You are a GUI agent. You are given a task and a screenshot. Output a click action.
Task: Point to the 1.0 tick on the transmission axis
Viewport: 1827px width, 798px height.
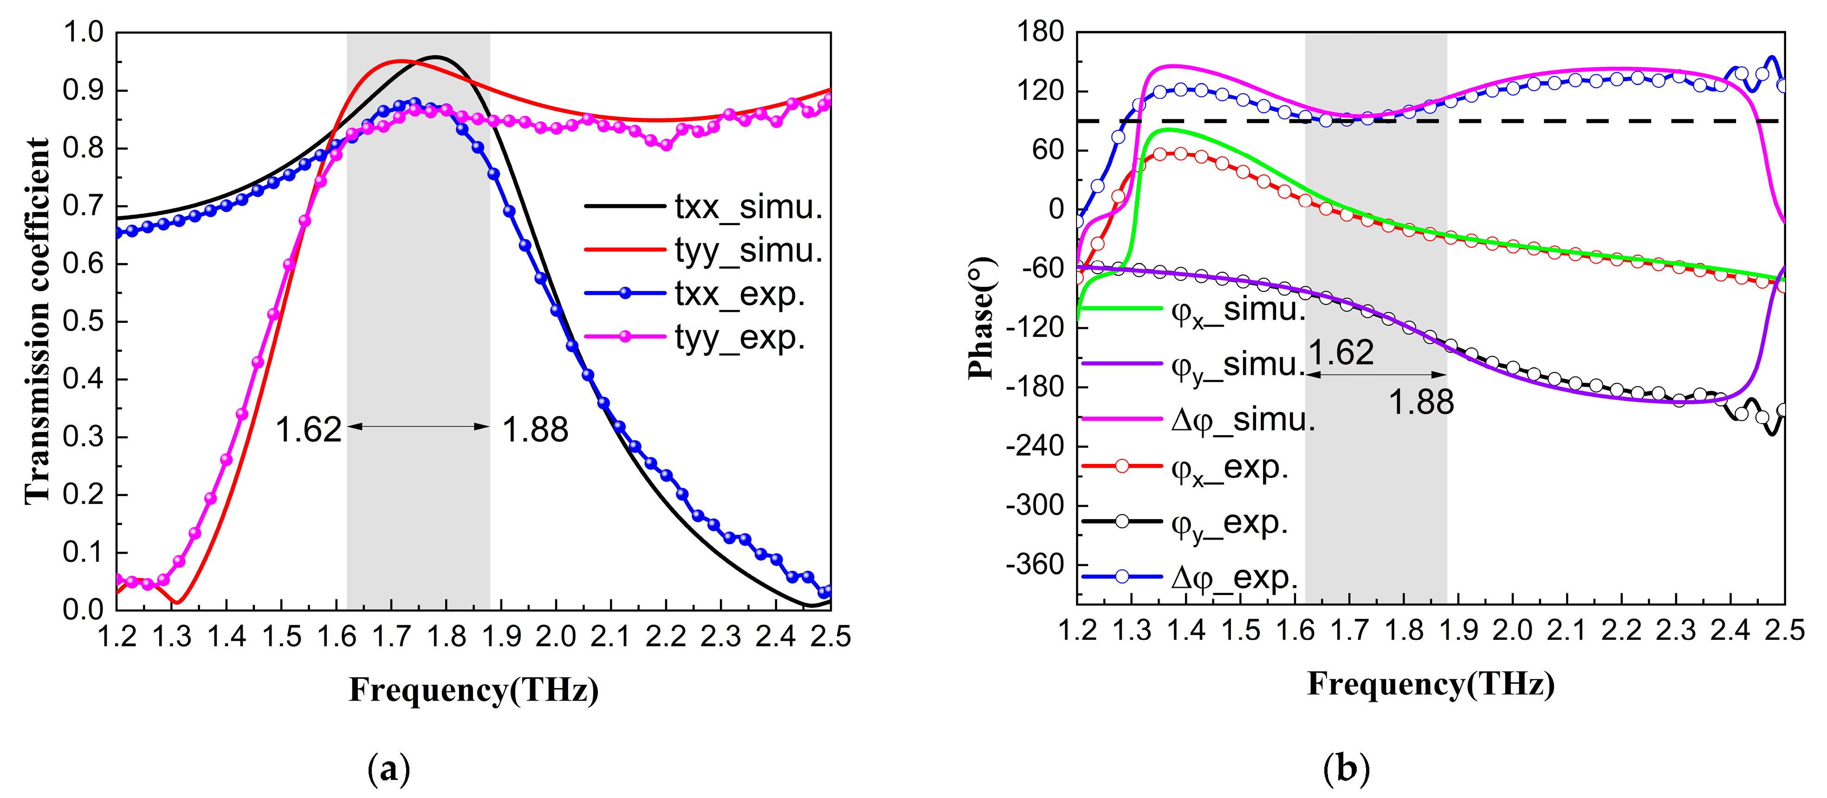pyautogui.click(x=83, y=32)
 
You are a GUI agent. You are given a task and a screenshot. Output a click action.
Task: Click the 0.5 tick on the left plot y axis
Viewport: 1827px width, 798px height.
pyautogui.click(x=83, y=321)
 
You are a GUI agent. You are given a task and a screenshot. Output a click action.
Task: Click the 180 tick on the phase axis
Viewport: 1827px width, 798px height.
pyautogui.click(x=1041, y=32)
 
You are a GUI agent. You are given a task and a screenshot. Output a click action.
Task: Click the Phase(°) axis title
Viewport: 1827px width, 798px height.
pyautogui.click(x=982, y=319)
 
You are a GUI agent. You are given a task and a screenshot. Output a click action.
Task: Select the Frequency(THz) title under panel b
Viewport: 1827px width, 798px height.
pyautogui.click(x=1431, y=684)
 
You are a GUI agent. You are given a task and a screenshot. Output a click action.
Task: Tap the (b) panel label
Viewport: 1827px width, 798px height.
pyautogui.click(x=1346, y=769)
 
